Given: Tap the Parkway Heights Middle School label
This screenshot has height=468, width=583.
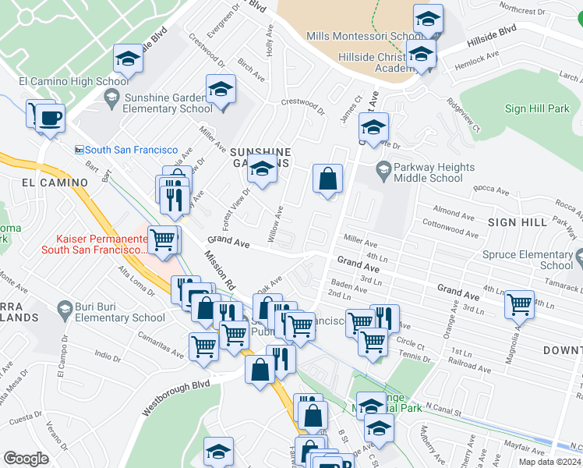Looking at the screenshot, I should coord(434,172).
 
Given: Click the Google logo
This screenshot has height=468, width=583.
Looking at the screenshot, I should coord(26,459).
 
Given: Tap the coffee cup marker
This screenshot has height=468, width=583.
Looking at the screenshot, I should coord(51,119).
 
